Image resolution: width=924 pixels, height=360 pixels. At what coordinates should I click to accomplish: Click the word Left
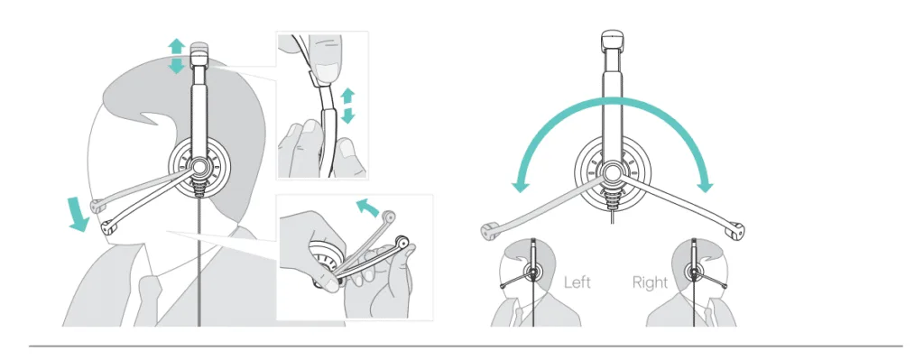point(577,282)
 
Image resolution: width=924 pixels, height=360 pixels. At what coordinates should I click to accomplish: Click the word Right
point(650,282)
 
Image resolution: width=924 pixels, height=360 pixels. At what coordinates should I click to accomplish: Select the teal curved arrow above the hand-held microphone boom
point(369,208)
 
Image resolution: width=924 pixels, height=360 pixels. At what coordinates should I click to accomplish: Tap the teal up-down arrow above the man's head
point(176,56)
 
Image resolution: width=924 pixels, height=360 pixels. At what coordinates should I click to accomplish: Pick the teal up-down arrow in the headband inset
point(348,106)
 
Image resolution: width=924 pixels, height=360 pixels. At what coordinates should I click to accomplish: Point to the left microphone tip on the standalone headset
point(489,232)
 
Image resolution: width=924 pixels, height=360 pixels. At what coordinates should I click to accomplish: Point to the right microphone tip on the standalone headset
point(735,230)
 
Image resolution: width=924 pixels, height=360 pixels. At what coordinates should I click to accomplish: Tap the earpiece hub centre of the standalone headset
point(611,172)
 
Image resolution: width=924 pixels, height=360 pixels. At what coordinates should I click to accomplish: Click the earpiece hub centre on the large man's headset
point(199,167)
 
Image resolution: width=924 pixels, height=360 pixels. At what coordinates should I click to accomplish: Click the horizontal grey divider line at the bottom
point(466,346)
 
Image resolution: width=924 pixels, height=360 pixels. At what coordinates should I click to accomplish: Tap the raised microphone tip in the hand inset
point(387,216)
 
